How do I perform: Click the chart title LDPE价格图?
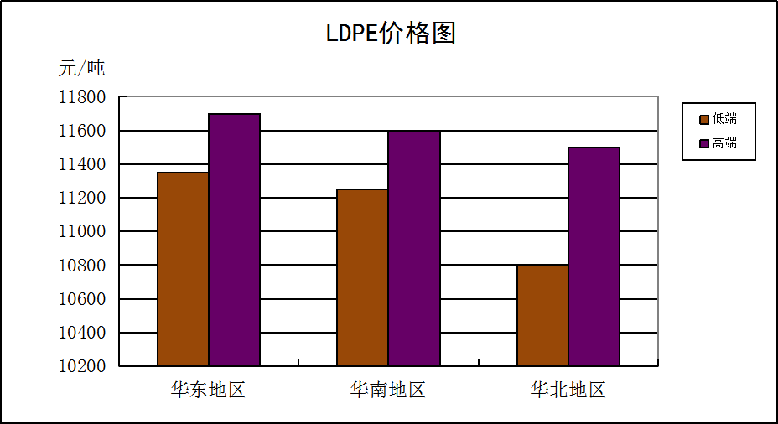click(x=390, y=34)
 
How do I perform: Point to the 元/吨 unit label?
click(x=81, y=68)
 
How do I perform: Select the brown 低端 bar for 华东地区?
click(x=183, y=269)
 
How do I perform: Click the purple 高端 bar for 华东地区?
click(x=234, y=240)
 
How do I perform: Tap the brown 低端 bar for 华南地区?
click(x=362, y=277)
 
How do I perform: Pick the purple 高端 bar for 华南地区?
click(x=413, y=248)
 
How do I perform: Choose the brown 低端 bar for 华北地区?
click(x=542, y=315)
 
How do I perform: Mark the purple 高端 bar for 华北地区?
click(x=594, y=256)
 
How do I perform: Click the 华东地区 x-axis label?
click(x=208, y=390)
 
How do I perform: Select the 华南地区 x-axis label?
click(x=388, y=390)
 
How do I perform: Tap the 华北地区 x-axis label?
click(x=568, y=390)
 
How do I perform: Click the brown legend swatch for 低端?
click(x=703, y=119)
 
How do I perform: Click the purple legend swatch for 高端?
click(x=703, y=143)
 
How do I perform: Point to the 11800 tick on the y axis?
click(x=82, y=97)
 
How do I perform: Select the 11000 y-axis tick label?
click(x=82, y=231)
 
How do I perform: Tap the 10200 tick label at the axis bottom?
click(x=82, y=366)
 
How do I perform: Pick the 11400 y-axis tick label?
click(x=82, y=164)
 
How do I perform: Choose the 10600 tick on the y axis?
click(x=82, y=299)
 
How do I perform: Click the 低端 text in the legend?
click(x=724, y=119)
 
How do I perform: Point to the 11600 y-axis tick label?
click(x=82, y=131)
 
